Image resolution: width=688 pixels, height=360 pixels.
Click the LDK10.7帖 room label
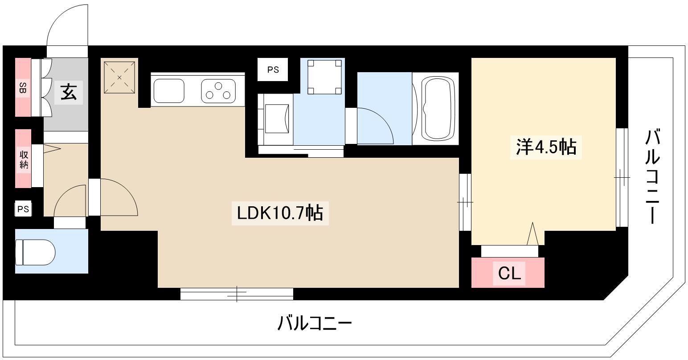tap(280, 213)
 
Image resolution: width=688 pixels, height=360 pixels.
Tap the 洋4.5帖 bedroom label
tap(546, 147)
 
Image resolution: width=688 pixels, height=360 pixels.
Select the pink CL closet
tap(508, 273)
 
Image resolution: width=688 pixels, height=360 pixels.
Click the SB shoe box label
tap(22, 88)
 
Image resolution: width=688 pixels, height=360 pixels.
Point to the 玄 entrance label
tap(69, 93)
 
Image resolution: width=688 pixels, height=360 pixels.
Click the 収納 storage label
tap(23, 159)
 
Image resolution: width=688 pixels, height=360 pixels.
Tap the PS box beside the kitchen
tap(273, 70)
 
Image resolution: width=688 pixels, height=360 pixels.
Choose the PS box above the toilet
tap(23, 209)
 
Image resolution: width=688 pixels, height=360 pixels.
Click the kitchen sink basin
tap(169, 90)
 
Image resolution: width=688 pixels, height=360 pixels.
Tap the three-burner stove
tap(218, 90)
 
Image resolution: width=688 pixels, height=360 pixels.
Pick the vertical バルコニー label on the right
tap(653, 176)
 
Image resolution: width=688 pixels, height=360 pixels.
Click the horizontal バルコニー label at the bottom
tap(315, 323)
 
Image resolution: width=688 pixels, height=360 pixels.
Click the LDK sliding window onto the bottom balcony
tap(237, 294)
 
